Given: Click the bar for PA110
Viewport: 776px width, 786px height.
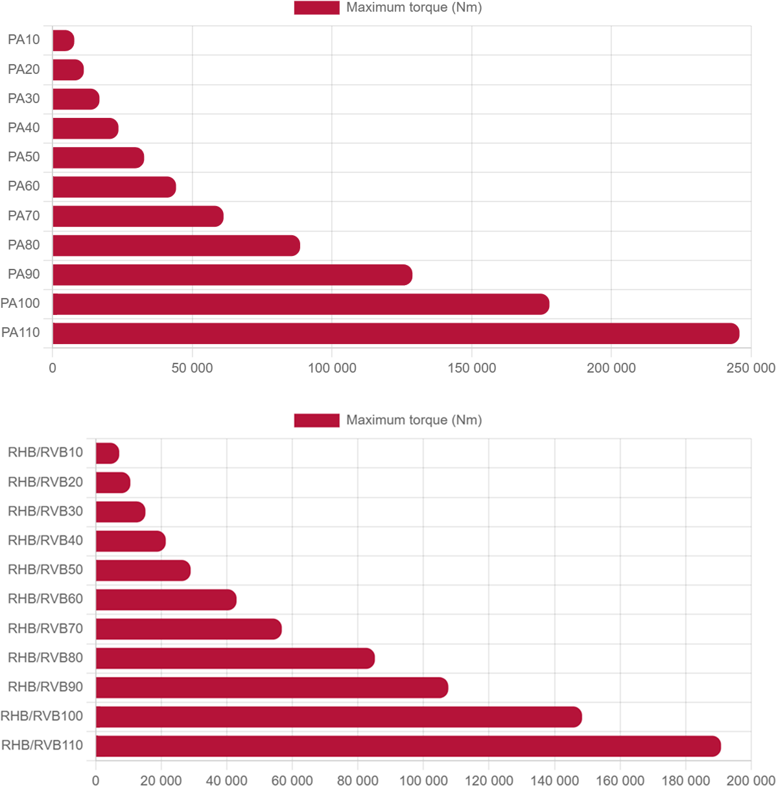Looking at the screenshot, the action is point(396,333).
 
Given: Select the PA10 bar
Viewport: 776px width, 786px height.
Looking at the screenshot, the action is point(64,40).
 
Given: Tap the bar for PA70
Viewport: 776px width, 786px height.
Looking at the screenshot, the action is point(138,216).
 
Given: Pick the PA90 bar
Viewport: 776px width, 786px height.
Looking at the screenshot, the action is point(232,275).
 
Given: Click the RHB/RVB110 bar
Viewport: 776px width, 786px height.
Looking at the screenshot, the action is point(408,746).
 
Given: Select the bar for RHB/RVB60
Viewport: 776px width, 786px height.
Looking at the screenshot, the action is point(166,599).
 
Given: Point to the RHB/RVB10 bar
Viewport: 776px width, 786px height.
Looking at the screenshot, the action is point(108,453).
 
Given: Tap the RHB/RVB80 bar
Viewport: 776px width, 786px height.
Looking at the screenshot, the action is point(235,658).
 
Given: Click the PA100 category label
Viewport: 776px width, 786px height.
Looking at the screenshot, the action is point(20,303).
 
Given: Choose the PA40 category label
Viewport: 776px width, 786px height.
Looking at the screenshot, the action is point(24,128).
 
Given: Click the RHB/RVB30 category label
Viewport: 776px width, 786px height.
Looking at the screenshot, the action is point(45,511).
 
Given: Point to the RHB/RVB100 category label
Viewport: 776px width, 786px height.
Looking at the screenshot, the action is point(41,716).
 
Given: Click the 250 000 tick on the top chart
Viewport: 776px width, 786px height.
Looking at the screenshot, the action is point(751,368).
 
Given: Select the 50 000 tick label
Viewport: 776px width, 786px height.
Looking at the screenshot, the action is point(192,368).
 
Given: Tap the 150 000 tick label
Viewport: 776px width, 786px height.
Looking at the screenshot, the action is point(471,368).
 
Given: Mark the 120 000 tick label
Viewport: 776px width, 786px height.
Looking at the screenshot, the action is point(489,780).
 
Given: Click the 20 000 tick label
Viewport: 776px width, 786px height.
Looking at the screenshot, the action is point(161,780).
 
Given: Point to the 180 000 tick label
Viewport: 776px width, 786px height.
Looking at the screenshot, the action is point(685,780).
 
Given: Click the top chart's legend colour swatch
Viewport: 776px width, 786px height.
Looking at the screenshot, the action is point(317,8).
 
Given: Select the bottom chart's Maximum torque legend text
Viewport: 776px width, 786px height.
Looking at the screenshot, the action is point(414,420).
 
